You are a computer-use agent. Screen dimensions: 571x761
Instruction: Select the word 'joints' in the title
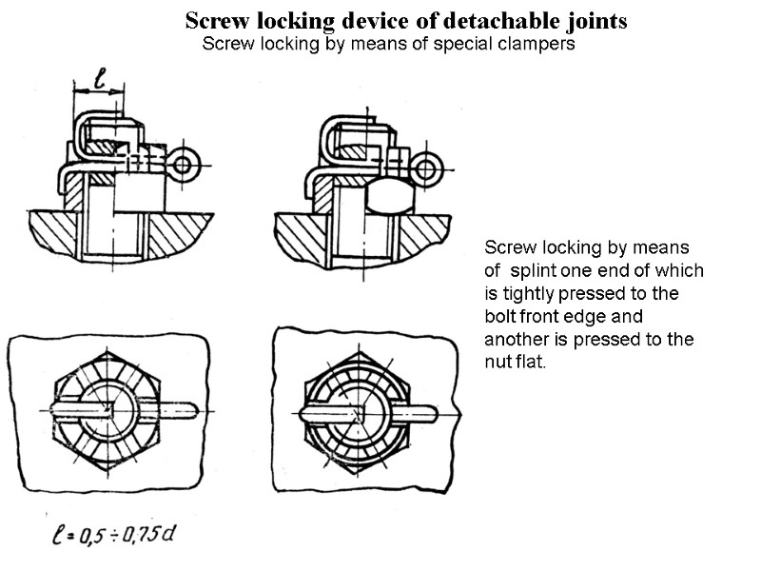coord(595,20)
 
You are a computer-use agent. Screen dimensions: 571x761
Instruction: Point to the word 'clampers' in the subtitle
coord(537,45)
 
